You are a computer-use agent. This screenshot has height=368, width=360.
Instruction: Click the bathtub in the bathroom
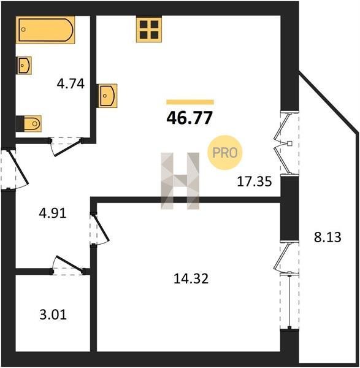[45, 30]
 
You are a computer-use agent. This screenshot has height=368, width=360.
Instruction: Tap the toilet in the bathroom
[29, 123]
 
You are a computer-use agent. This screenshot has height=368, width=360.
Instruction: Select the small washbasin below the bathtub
[24, 66]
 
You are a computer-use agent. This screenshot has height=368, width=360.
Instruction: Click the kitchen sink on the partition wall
[107, 96]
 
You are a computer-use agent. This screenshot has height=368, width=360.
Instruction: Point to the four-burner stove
[149, 29]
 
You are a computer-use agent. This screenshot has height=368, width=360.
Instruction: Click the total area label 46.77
[190, 118]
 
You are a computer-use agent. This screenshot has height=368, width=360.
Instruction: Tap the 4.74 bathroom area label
[71, 84]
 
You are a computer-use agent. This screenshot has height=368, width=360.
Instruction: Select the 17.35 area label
[255, 182]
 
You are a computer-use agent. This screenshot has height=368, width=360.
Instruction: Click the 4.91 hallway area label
[53, 213]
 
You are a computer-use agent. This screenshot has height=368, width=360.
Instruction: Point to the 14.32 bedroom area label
[191, 279]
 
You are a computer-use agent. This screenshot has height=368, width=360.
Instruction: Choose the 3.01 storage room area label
[53, 315]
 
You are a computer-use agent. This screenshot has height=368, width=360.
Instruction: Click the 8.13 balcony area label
[327, 237]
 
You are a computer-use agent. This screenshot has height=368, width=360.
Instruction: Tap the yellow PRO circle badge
[224, 153]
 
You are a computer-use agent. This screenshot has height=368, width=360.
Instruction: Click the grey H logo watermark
[180, 181]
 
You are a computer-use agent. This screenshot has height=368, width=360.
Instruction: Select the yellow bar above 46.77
[190, 102]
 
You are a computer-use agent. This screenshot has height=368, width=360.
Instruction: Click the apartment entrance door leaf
[18, 167]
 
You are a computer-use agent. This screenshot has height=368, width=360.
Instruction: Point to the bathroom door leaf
[68, 147]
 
